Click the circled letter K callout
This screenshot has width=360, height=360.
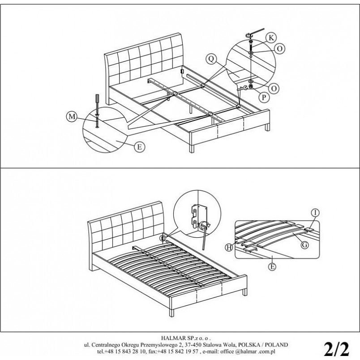pyautogui.click(x=271, y=38)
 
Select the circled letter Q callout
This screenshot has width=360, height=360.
pyautogui.click(x=211, y=59)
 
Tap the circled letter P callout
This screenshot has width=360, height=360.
pyautogui.click(x=264, y=98)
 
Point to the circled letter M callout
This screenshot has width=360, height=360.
pyautogui.click(x=72, y=116)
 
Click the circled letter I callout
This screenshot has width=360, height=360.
pyautogui.click(x=316, y=213)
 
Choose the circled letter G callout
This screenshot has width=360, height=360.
pyautogui.click(x=304, y=245)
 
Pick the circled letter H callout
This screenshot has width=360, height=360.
pyautogui.click(x=229, y=247)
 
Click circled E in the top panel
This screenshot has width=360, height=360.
pyautogui.click(x=140, y=147)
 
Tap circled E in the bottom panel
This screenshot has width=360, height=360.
pyautogui.click(x=272, y=266)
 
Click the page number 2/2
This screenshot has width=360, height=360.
pyautogui.click(x=336, y=349)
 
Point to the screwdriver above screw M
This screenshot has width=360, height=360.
pyautogui.click(x=97, y=104)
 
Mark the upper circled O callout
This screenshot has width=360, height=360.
pyautogui.click(x=280, y=49)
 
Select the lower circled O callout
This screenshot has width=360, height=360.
pyautogui.click(x=274, y=89)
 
